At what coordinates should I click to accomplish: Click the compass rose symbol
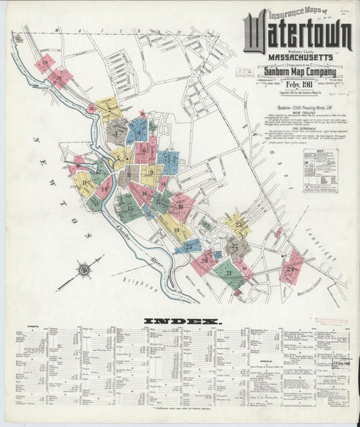(x=84, y=270)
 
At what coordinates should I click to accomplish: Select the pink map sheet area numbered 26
(x=45, y=64)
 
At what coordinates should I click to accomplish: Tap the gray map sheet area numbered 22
(x=236, y=247)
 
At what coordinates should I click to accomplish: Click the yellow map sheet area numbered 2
(x=107, y=107)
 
